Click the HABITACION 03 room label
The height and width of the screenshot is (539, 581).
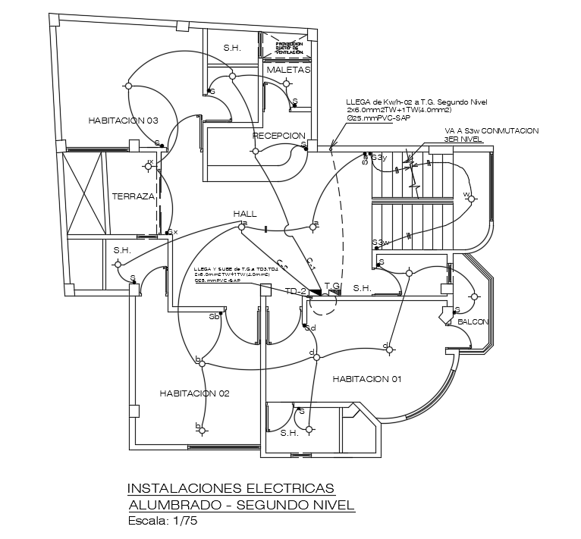[x=123, y=121]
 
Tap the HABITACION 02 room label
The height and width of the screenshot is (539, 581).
[x=194, y=393]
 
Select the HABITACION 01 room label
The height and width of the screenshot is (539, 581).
[x=366, y=378]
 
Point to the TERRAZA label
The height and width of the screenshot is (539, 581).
[x=133, y=196]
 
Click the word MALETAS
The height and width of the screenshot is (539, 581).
[x=288, y=70]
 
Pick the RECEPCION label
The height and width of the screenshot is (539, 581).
[x=278, y=136]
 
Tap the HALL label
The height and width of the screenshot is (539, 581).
[x=246, y=213]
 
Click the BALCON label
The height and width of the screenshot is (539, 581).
[x=473, y=322]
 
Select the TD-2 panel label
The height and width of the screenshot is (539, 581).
[x=295, y=291]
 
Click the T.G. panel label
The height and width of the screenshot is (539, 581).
[x=332, y=285]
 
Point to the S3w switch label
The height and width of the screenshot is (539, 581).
[x=380, y=243]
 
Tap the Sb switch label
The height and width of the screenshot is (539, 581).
[x=214, y=317]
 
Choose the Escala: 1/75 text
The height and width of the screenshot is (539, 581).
[x=162, y=521]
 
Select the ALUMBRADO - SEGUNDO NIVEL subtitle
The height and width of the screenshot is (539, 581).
[x=240, y=505]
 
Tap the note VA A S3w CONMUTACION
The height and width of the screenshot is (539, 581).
[x=491, y=130]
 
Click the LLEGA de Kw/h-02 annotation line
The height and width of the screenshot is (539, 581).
[x=416, y=102]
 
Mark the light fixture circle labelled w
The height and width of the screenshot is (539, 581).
[x=470, y=199]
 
